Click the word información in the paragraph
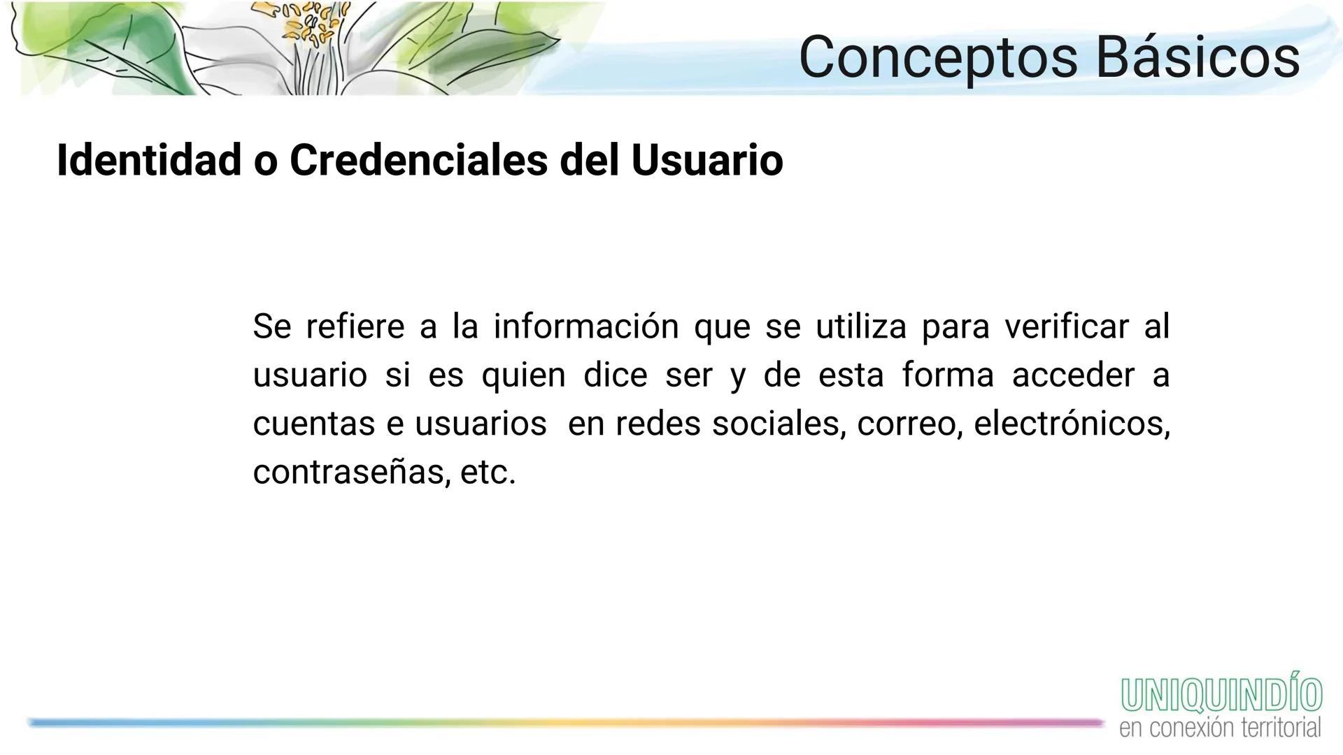tap(585, 327)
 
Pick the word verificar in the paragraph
tap(1066, 326)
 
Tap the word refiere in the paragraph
tap(355, 326)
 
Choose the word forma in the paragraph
tap(947, 375)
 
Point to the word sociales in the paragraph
tap(778, 424)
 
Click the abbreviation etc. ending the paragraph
tap(488, 473)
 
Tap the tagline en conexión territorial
tap(1220, 728)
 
